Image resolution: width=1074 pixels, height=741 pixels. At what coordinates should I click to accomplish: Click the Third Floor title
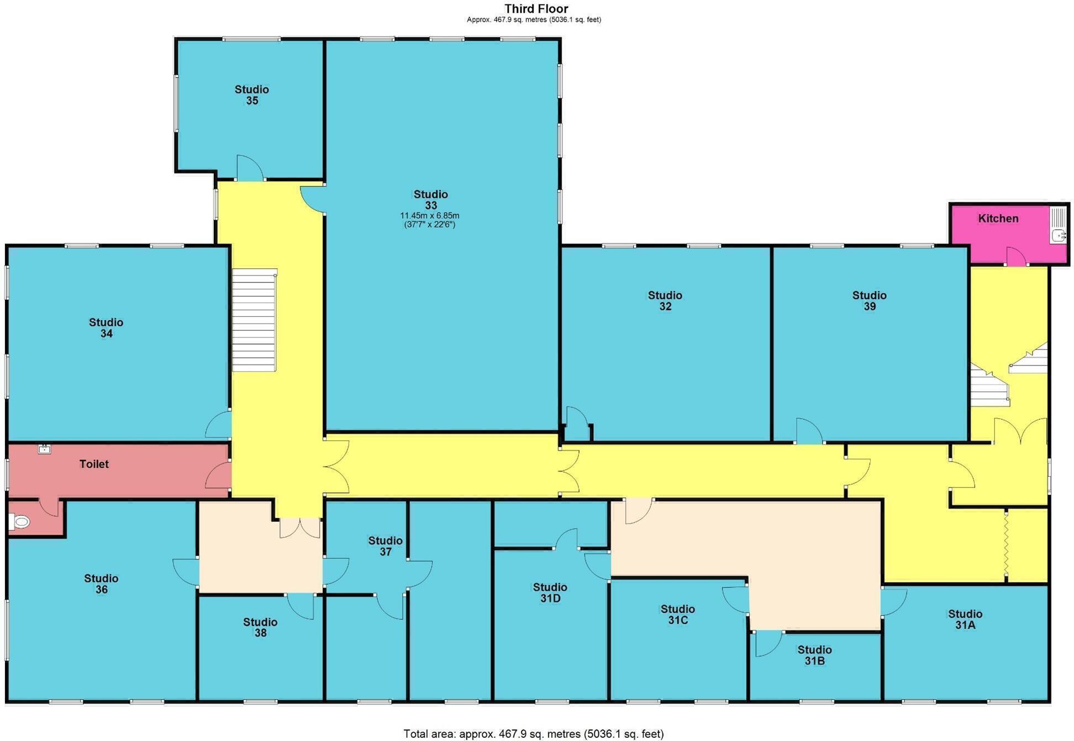click(x=536, y=9)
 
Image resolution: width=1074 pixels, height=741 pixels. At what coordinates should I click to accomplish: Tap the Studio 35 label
click(x=251, y=95)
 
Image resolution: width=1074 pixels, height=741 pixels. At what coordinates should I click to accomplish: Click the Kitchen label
click(x=998, y=219)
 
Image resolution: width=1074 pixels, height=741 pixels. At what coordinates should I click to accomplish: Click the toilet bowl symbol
click(x=20, y=521)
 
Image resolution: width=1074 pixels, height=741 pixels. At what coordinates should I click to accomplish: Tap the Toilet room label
click(x=94, y=464)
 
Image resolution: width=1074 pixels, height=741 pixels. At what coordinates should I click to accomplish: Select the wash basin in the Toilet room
click(x=45, y=449)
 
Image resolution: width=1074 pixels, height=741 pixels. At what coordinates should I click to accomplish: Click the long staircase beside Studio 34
click(x=254, y=320)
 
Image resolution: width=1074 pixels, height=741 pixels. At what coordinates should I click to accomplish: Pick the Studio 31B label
click(x=814, y=655)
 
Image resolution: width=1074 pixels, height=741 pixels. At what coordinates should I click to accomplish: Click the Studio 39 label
click(x=869, y=301)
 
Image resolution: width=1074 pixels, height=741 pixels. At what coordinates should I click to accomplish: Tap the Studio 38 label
click(x=260, y=628)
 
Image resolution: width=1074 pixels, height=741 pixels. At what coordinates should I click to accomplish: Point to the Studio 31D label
click(x=550, y=593)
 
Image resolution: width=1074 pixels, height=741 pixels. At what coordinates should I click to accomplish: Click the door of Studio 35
click(x=249, y=168)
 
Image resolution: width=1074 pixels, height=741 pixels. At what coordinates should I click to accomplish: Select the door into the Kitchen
click(x=1015, y=257)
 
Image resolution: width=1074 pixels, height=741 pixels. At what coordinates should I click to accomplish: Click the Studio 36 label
click(x=101, y=584)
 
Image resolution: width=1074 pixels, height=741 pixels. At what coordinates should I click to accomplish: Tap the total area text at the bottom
click(x=533, y=734)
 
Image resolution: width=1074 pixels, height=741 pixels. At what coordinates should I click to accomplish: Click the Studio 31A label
click(x=965, y=620)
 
